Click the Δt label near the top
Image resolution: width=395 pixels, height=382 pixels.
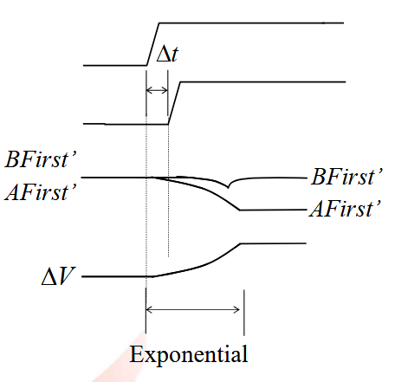[167, 54]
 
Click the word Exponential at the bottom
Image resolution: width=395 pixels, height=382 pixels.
[189, 354]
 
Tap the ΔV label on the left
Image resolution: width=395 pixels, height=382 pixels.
[59, 276]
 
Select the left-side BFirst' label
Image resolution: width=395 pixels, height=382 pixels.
[41, 159]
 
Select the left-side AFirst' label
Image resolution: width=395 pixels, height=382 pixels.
[41, 191]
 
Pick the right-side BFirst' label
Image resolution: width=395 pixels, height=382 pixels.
[347, 177]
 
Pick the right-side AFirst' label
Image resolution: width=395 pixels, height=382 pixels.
[346, 209]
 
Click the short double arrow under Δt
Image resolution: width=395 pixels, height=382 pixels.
[157, 90]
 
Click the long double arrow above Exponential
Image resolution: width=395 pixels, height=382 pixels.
[193, 310]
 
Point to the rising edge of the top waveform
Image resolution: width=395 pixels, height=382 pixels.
[153, 44]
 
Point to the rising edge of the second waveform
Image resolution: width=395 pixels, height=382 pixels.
[174, 103]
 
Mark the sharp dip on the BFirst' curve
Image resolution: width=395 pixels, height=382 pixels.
[228, 187]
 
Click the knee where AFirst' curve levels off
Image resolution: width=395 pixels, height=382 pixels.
[239, 210]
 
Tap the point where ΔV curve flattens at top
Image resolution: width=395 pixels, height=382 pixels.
[241, 244]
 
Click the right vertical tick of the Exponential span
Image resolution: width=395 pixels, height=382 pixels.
[244, 313]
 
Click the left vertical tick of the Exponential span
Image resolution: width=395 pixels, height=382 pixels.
[146, 311]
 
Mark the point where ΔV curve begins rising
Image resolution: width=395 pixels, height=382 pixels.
[153, 276]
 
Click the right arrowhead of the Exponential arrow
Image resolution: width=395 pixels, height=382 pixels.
[236, 310]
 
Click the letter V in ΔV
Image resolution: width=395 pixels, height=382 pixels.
[67, 276]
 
